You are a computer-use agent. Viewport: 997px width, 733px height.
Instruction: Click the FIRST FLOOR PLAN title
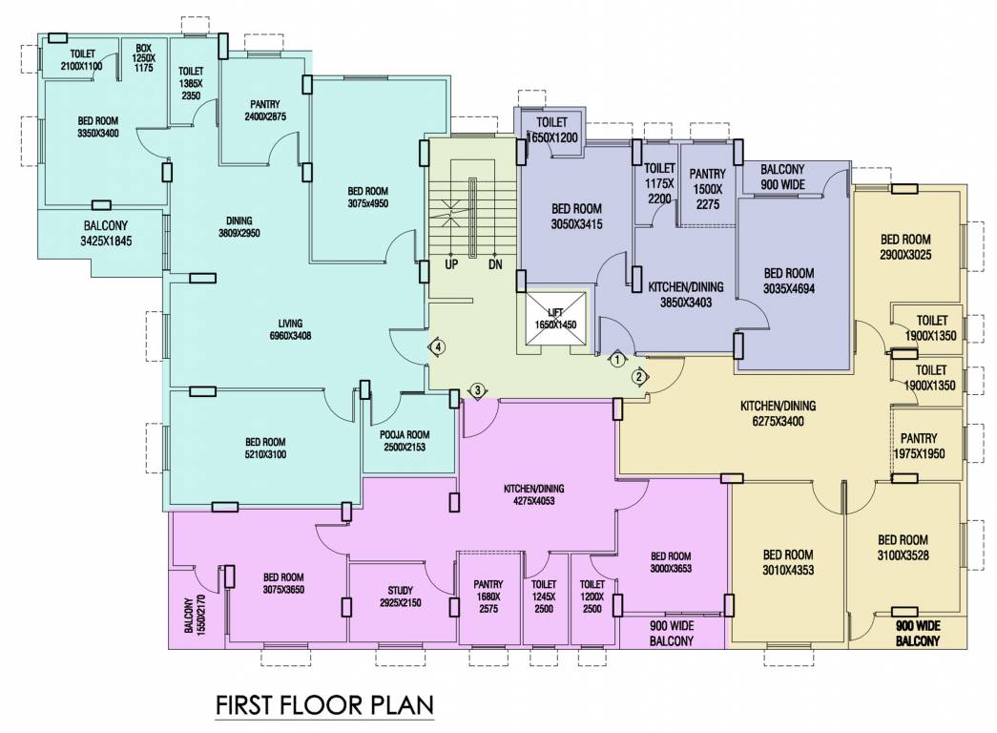pyautogui.click(x=324, y=705)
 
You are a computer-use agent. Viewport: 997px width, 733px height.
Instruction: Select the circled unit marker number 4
pyautogui.click(x=437, y=347)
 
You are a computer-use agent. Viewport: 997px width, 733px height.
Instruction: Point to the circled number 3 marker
pyautogui.click(x=478, y=389)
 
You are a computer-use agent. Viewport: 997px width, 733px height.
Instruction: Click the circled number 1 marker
pyautogui.click(x=616, y=360)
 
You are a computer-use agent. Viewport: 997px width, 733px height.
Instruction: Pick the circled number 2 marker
pyautogui.click(x=637, y=375)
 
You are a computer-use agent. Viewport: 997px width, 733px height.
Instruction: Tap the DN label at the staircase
pyautogui.click(x=495, y=264)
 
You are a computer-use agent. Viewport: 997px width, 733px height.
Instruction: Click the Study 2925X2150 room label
pyautogui.click(x=387, y=597)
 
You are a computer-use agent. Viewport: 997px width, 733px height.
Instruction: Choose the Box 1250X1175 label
pyautogui.click(x=144, y=57)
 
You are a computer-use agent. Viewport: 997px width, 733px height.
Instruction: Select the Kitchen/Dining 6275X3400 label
pyautogui.click(x=778, y=412)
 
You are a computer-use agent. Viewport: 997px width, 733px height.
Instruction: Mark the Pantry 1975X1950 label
pyautogui.click(x=918, y=447)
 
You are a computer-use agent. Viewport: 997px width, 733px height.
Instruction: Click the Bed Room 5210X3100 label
pyautogui.click(x=265, y=448)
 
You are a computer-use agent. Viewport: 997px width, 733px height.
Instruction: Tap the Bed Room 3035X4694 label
pyautogui.click(x=790, y=281)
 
